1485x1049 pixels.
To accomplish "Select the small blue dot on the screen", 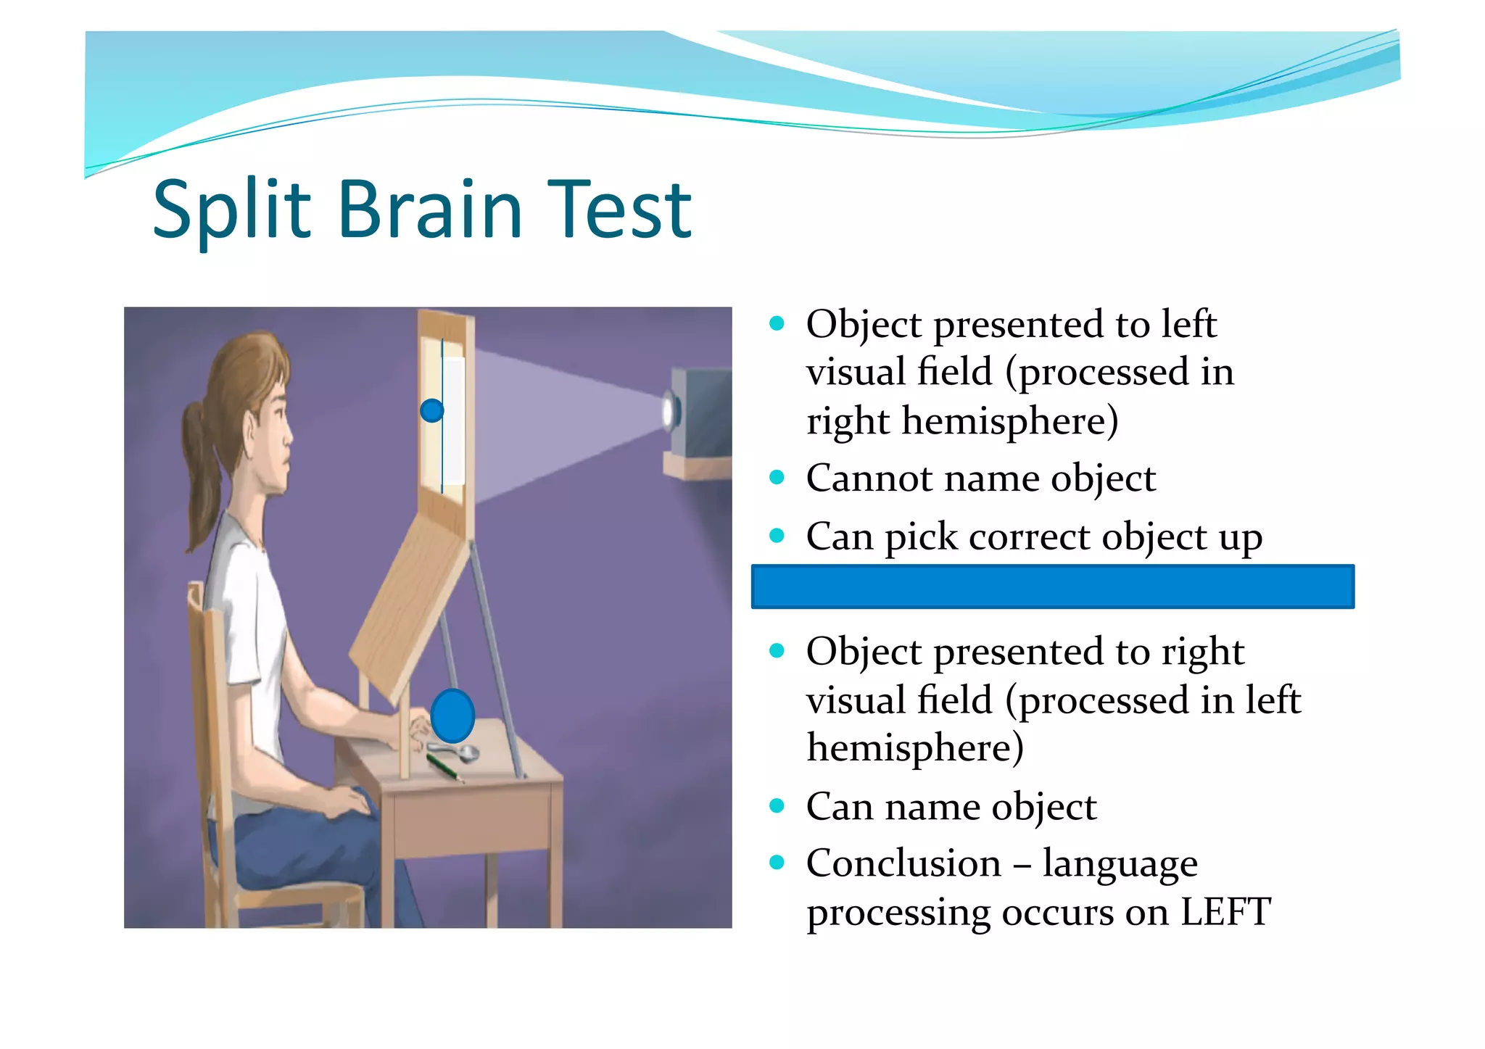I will [x=431, y=411].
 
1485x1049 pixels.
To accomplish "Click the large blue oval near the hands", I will [x=452, y=716].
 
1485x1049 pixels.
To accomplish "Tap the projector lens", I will [x=669, y=412].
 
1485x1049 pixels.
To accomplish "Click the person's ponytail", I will [x=199, y=464].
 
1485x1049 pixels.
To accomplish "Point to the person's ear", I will [x=250, y=435].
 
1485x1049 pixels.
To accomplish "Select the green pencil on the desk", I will [x=444, y=767].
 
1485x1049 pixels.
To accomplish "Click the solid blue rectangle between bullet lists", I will [x=1052, y=586].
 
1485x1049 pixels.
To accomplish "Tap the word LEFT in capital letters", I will [x=1225, y=912].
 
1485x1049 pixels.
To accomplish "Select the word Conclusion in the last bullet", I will [x=903, y=863].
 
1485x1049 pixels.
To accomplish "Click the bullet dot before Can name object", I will [x=777, y=805].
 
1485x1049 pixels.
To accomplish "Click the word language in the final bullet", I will [x=1120, y=865].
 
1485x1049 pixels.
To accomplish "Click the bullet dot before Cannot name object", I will [x=777, y=477].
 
